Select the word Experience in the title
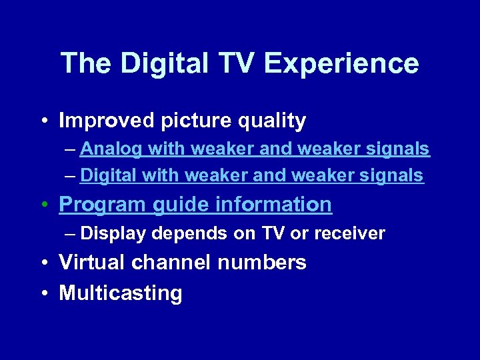click(341, 64)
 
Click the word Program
click(102, 205)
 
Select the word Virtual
click(93, 263)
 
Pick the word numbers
click(262, 263)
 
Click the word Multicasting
click(121, 293)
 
